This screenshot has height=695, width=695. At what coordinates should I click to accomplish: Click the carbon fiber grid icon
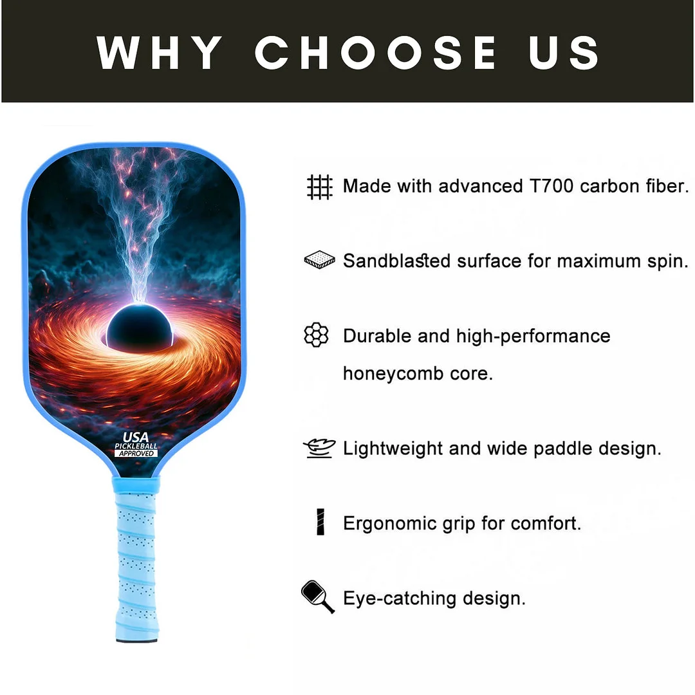click(x=319, y=187)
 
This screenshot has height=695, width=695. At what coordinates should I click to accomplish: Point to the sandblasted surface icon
click(x=319, y=261)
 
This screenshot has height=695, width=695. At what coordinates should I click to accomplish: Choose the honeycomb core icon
click(x=316, y=335)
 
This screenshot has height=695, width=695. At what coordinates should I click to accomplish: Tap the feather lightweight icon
click(x=319, y=449)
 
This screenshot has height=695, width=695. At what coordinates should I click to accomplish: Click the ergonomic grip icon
click(x=320, y=522)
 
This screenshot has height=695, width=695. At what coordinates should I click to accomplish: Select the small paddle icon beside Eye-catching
click(x=317, y=597)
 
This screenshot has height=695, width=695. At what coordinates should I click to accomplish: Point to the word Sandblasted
click(x=396, y=261)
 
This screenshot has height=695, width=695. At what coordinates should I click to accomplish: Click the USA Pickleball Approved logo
click(x=136, y=445)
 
